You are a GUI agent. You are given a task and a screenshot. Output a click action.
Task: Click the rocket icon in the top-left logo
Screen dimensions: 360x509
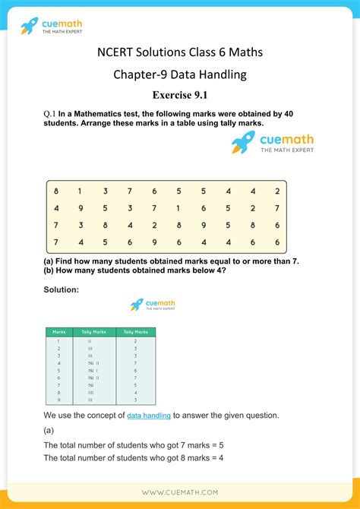click(x=29, y=27)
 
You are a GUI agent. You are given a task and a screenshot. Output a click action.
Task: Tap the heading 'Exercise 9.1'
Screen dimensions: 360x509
click(x=179, y=95)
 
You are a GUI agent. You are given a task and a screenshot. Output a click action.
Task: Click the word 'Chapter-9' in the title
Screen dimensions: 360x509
click(x=142, y=74)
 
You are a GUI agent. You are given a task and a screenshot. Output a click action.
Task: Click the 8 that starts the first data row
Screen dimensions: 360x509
click(x=56, y=191)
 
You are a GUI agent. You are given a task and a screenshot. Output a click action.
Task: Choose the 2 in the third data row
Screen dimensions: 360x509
click(x=154, y=226)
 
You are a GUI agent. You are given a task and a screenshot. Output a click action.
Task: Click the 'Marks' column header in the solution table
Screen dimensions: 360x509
click(x=58, y=332)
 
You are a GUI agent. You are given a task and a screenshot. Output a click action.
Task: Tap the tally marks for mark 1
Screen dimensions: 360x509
click(x=90, y=341)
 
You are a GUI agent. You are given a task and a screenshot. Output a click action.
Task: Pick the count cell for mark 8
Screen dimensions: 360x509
click(x=135, y=392)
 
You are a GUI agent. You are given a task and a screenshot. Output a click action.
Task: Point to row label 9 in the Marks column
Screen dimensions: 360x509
click(x=58, y=400)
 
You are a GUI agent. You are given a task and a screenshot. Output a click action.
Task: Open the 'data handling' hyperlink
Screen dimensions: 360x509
click(x=149, y=416)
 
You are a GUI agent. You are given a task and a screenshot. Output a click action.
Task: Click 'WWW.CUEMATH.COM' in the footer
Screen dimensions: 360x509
click(x=180, y=492)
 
